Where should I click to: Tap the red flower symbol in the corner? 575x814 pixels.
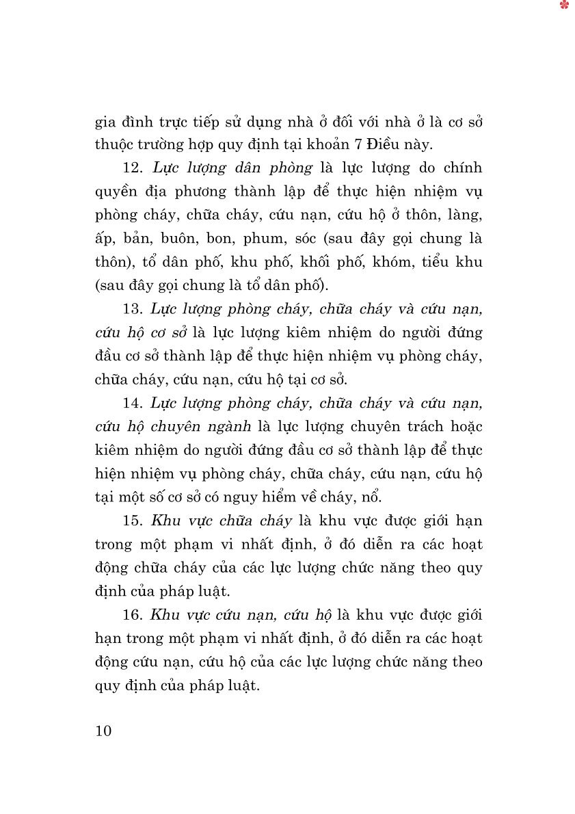pos(564,5)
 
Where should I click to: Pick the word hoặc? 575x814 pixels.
pos(463,427)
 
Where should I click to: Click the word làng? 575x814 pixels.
pos(466,215)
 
